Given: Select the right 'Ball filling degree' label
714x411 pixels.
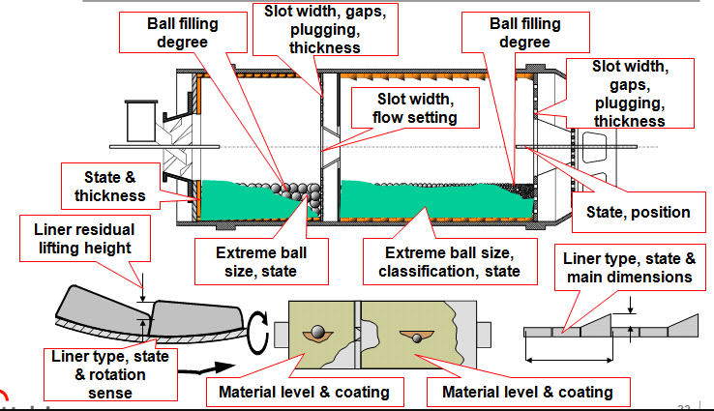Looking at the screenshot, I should click(512, 31).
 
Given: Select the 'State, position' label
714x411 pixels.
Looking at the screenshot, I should click(639, 212).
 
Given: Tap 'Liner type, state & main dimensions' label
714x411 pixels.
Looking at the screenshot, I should click(629, 268).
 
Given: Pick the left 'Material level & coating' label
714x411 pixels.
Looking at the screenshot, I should click(304, 392).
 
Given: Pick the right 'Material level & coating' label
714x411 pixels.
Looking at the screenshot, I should click(527, 392).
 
